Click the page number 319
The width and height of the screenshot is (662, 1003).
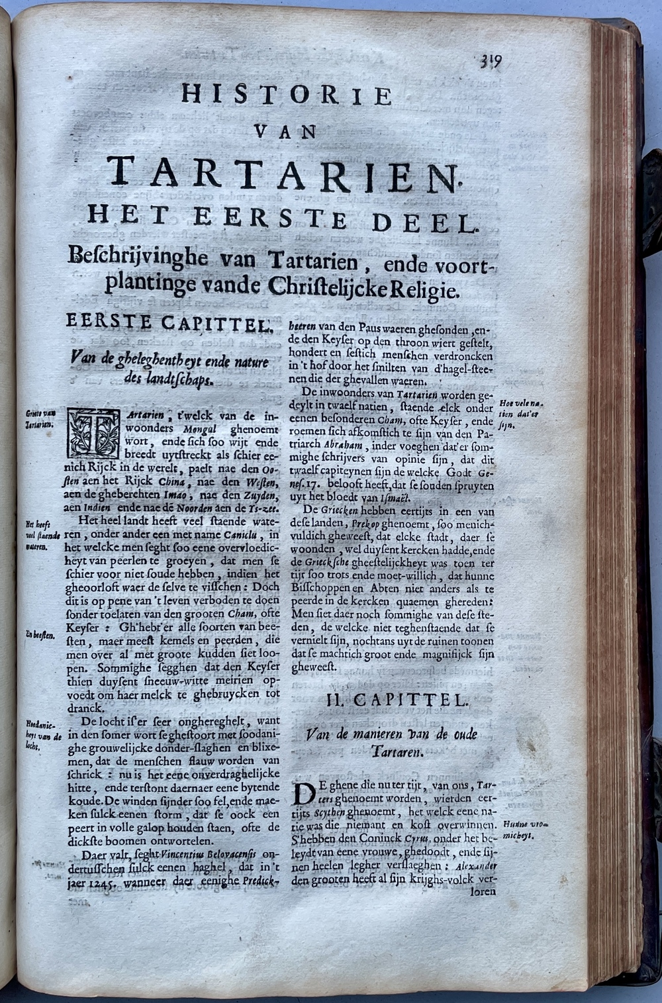491,62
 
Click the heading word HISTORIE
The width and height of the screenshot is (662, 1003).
287,95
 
